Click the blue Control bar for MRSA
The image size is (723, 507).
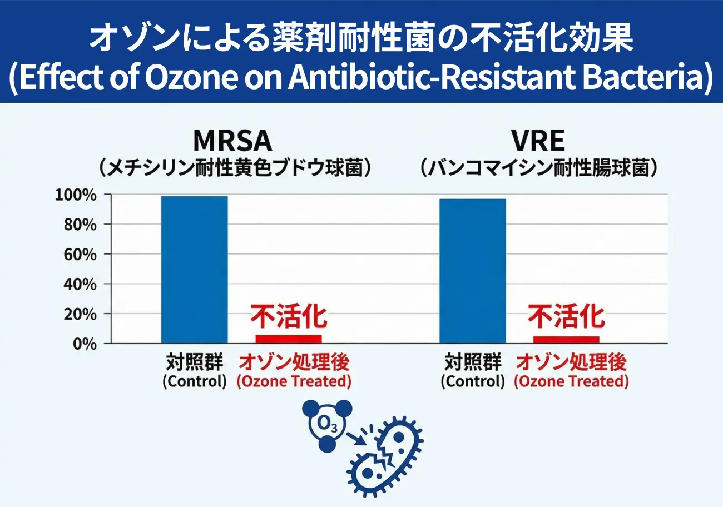tap(194, 270)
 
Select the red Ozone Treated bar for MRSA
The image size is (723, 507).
tap(288, 339)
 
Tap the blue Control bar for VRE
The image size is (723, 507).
tap(472, 271)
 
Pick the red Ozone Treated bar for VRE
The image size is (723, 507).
tap(566, 339)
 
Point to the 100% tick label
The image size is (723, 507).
tap(76, 195)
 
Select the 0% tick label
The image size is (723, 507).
tap(84, 344)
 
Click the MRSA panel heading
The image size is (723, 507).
tap(232, 141)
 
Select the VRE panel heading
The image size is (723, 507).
tap(539, 141)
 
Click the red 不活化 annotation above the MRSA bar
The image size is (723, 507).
tap(288, 316)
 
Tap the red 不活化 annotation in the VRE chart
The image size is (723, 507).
tap(566, 316)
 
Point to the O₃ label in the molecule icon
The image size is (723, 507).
tap(323, 425)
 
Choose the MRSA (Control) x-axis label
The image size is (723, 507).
tap(195, 382)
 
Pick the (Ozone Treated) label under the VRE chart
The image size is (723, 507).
tap(571, 382)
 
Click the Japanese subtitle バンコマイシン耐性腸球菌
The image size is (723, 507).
tap(539, 167)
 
